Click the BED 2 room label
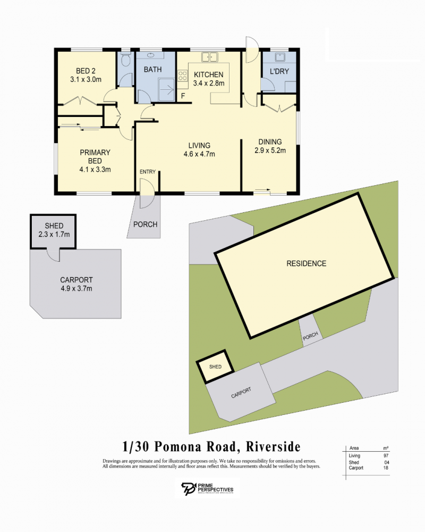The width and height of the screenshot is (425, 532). (x=86, y=71)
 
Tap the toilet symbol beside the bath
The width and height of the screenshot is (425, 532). (x=126, y=59)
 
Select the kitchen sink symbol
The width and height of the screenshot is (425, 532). (x=210, y=57)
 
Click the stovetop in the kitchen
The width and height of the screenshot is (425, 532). (x=182, y=76)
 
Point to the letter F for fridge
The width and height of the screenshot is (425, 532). (x=183, y=96)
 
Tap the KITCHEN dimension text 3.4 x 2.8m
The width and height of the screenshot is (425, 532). (x=208, y=83)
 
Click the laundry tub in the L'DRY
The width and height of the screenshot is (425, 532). (x=280, y=57)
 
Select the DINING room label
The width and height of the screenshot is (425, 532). (x=270, y=142)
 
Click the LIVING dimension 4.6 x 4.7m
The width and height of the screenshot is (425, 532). (x=199, y=154)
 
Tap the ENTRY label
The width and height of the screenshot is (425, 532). (x=148, y=172)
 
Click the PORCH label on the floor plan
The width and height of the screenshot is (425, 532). (x=145, y=225)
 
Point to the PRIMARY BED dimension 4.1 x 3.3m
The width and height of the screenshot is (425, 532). (x=95, y=169)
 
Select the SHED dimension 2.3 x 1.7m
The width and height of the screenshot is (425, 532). (x=54, y=234)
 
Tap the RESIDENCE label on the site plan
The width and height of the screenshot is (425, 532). (x=307, y=264)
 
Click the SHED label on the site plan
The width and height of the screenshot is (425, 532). (x=215, y=367)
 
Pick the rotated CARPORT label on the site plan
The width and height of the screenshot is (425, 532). (x=241, y=393)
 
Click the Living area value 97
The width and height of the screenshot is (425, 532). (x=386, y=456)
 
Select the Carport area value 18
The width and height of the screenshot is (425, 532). (x=386, y=468)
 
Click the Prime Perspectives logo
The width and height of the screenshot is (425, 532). (x=207, y=488)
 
